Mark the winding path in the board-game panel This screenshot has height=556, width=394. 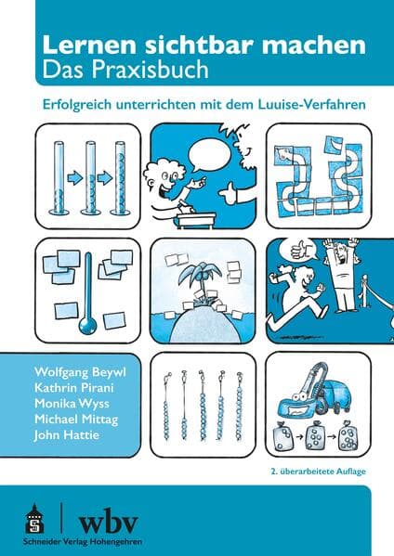point(316,176)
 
